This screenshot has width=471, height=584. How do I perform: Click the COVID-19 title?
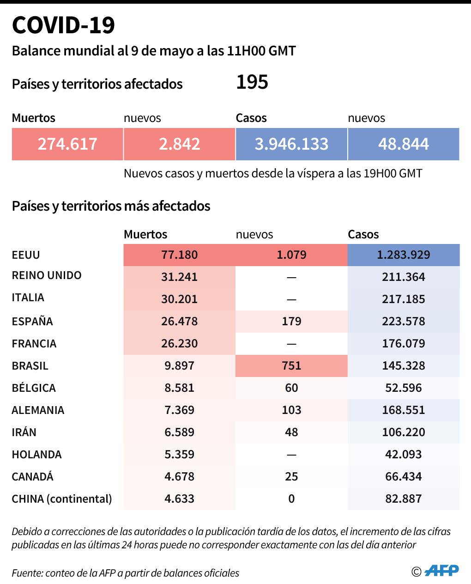63,25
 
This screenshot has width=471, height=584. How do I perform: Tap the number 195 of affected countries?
252,83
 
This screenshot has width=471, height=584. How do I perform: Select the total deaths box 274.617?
67,144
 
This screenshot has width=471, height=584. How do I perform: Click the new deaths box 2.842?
179,144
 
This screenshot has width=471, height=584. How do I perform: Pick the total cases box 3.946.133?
291,144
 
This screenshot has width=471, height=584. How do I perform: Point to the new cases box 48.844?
403,144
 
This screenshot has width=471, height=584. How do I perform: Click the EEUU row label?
26,255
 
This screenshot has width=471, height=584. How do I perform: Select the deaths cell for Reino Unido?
179,277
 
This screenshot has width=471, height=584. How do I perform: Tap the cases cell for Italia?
403,299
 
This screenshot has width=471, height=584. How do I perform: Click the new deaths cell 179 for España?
291,322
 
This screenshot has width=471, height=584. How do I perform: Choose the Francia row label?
34,344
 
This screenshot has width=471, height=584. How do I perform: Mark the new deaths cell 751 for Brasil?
291,366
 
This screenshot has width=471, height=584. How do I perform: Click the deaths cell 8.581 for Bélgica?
179,388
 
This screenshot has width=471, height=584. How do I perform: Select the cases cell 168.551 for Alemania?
403,410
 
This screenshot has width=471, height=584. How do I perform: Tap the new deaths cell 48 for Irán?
291,432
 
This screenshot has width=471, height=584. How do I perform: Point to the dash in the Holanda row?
291,455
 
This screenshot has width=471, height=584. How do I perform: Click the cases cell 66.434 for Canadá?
403,477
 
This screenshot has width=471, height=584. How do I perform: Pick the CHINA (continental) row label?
62,499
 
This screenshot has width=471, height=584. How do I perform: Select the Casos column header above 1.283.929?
363,235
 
